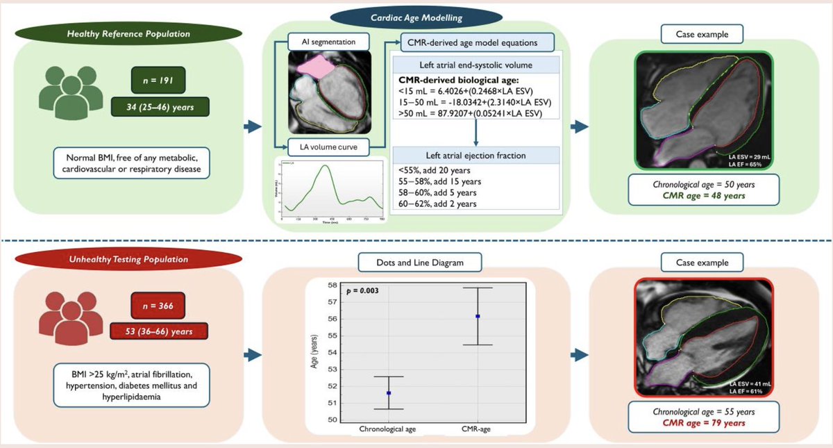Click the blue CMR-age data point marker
pyautogui.click(x=478, y=316)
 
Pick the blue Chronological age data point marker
pyautogui.click(x=389, y=393)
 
